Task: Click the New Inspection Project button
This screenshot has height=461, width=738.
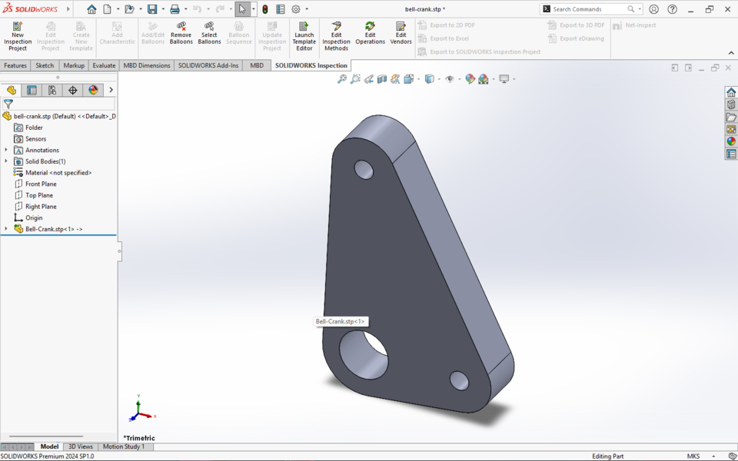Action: point(18,35)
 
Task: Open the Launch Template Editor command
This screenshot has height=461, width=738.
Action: point(304,35)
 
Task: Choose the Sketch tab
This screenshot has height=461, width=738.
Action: point(45,65)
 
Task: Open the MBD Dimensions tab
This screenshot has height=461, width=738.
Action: point(147,65)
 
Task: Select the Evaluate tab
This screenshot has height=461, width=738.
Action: point(104,65)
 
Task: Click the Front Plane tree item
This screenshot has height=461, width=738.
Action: point(41,184)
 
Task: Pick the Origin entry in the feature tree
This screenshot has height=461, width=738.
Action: point(34,218)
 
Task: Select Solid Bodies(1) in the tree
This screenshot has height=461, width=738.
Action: point(45,161)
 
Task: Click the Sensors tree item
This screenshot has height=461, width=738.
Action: point(35,139)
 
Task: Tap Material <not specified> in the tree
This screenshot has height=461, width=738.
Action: point(58,173)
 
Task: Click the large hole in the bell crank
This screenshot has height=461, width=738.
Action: point(364,354)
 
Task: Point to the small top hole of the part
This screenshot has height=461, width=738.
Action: point(363,169)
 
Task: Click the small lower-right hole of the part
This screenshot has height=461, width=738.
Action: point(459,380)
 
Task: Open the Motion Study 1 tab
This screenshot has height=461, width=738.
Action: point(123,446)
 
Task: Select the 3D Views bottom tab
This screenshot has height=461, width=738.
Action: point(80,446)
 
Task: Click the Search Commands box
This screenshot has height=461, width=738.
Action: point(588,9)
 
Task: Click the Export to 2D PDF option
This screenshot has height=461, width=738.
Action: point(452,25)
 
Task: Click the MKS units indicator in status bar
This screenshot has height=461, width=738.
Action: point(693,456)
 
